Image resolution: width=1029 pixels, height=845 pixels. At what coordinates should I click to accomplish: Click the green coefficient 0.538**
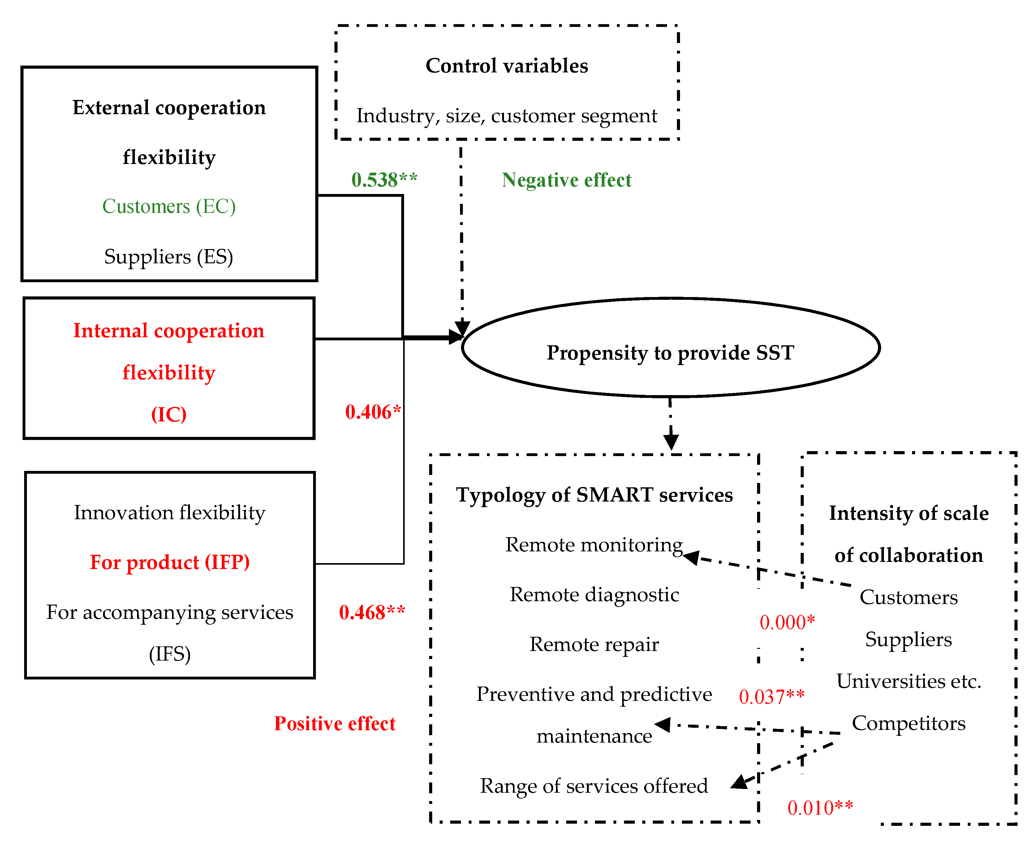click(384, 179)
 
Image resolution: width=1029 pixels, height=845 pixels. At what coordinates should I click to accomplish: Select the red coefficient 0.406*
click(373, 412)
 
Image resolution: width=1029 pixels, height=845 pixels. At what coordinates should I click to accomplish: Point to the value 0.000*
click(786, 622)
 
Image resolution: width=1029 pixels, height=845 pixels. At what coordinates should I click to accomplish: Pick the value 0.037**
click(771, 696)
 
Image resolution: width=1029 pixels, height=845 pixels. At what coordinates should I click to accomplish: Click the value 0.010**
click(820, 808)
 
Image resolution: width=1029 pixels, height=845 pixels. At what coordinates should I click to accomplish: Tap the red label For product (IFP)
click(170, 562)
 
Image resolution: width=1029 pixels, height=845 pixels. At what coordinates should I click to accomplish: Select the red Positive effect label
click(334, 724)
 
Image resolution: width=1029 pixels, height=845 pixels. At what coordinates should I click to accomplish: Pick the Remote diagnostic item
click(594, 594)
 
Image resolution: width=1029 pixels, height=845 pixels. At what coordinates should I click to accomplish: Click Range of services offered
click(593, 786)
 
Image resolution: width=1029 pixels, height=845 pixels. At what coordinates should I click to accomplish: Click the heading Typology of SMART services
click(594, 494)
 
